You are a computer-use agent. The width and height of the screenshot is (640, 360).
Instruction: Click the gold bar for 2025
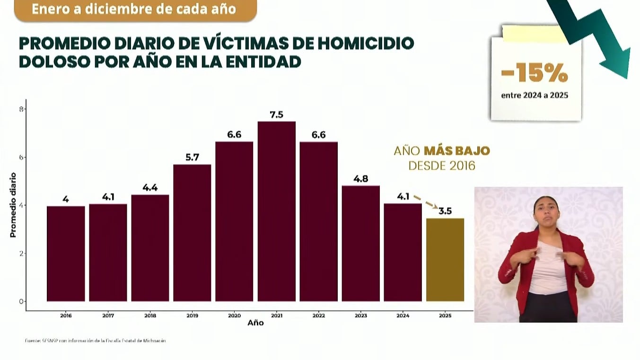tap(445, 260)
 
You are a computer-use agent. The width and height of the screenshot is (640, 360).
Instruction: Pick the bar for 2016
tap(66, 254)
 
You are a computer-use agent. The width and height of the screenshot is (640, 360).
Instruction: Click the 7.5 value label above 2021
tap(276, 114)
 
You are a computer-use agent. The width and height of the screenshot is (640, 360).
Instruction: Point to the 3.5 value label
tap(445, 211)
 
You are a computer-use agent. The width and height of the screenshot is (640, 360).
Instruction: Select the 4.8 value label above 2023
tap(360, 179)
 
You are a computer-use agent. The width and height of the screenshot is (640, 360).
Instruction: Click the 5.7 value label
tap(192, 158)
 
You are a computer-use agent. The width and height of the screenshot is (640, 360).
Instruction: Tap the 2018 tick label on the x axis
tap(150, 316)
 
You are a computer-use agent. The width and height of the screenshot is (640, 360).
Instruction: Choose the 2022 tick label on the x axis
tap(318, 316)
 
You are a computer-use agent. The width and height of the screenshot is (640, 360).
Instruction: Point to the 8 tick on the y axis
tap(21, 109)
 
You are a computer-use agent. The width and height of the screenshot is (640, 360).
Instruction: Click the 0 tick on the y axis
tap(21, 301)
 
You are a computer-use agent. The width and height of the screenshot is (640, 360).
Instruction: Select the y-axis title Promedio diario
tap(13, 205)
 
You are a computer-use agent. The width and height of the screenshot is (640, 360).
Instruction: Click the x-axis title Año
tap(255, 323)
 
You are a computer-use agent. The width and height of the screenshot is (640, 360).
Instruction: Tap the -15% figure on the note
tap(535, 73)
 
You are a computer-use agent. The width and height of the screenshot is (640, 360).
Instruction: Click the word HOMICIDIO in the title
tap(363, 44)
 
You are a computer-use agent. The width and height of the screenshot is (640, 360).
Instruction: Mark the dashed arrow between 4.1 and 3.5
tap(424, 202)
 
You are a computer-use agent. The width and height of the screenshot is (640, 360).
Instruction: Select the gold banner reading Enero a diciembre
tap(135, 9)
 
